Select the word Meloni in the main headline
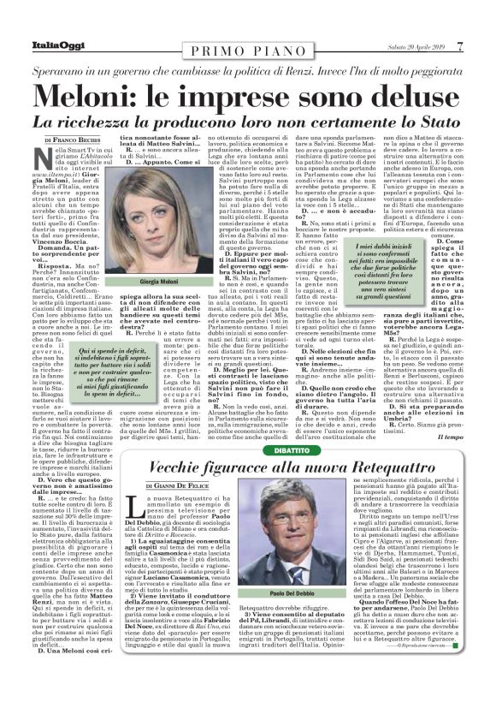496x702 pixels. pos(85,90)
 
